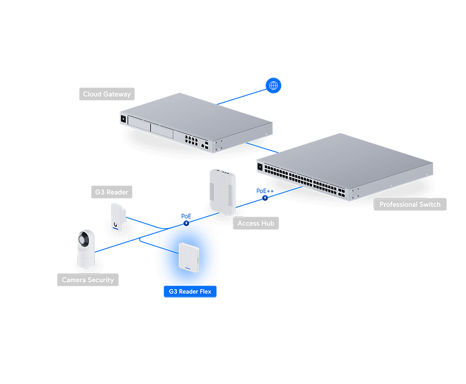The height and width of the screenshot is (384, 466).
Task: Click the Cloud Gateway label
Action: tap(107, 94)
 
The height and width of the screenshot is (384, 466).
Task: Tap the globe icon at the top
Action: tap(273, 86)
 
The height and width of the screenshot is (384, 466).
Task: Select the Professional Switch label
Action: tap(409, 205)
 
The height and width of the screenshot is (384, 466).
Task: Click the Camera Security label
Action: tap(88, 280)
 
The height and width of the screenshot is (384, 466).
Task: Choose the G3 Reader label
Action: tap(112, 191)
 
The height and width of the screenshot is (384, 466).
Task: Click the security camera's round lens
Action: tap(86, 239)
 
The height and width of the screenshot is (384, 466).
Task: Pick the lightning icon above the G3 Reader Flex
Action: tap(186, 222)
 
